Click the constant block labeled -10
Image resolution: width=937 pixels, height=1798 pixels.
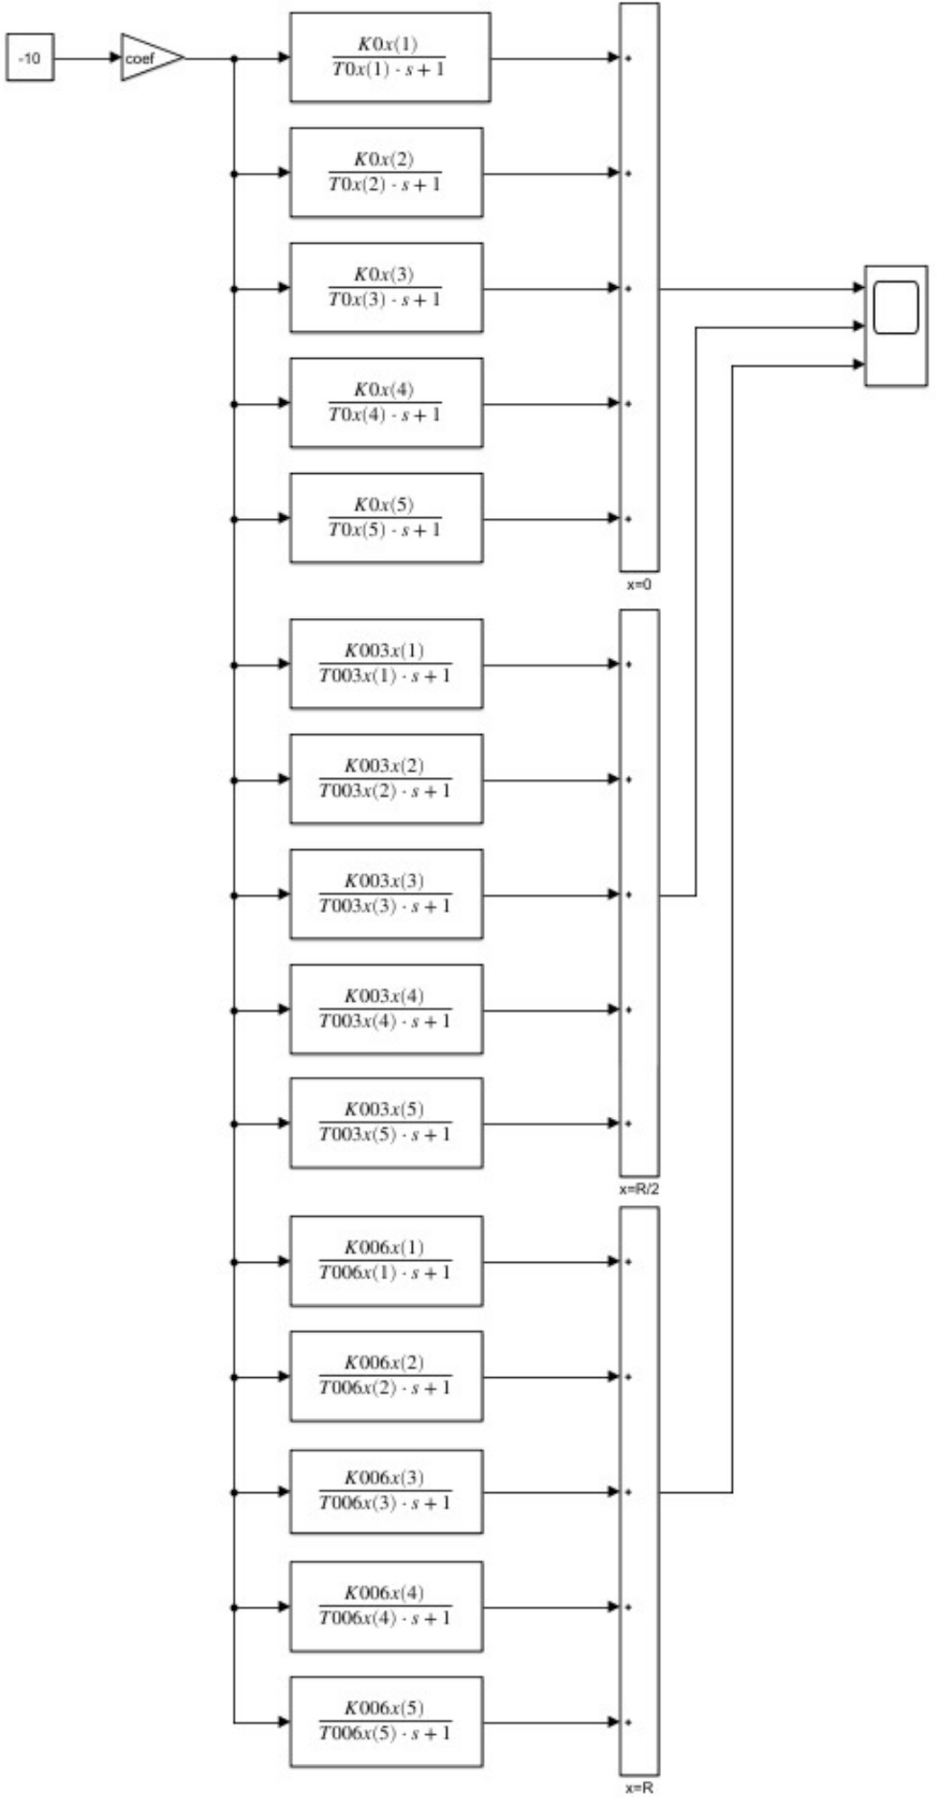coord(30,58)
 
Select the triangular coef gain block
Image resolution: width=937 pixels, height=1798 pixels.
coord(148,58)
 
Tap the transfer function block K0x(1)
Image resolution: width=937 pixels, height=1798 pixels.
coord(389,57)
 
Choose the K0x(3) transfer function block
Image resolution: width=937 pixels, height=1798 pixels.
coord(386,287)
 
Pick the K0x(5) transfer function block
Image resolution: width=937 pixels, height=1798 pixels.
coord(386,517)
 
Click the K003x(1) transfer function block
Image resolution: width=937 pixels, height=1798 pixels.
coord(386,664)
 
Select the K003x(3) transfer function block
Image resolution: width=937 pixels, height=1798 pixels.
coord(386,894)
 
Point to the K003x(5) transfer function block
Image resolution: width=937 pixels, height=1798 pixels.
coord(386,1123)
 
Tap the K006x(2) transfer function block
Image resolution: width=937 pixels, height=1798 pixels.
coord(386,1376)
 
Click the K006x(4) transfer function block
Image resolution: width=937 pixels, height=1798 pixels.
coord(386,1606)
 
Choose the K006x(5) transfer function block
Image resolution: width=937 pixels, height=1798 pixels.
coord(386,1721)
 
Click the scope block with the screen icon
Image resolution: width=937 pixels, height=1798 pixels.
coord(896,326)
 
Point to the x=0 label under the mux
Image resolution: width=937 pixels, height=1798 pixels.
coord(639,585)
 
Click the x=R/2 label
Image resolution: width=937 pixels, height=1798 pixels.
coord(639,1189)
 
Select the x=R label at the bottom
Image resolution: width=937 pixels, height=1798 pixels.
coord(639,1788)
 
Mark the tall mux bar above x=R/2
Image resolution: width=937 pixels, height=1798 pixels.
coord(639,892)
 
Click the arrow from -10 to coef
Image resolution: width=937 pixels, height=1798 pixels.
coord(87,58)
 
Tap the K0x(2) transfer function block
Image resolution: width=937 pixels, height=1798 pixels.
coord(386,172)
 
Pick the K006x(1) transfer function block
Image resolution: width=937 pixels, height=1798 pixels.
coord(386,1261)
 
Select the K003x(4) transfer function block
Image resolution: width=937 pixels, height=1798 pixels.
coord(386,1009)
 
